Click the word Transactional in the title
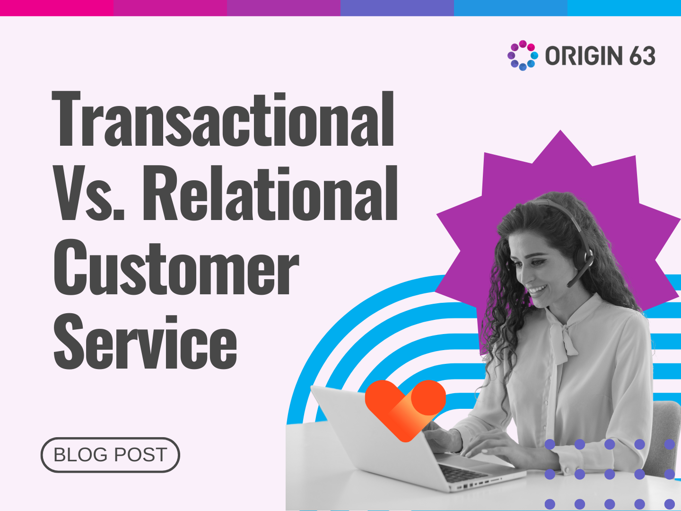223,119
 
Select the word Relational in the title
270,194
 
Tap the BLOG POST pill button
110,455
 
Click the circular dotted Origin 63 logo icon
522,55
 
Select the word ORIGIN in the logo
584,56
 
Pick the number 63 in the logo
642,56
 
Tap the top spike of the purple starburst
561,137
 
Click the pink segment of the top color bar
57,8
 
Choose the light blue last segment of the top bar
624,8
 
